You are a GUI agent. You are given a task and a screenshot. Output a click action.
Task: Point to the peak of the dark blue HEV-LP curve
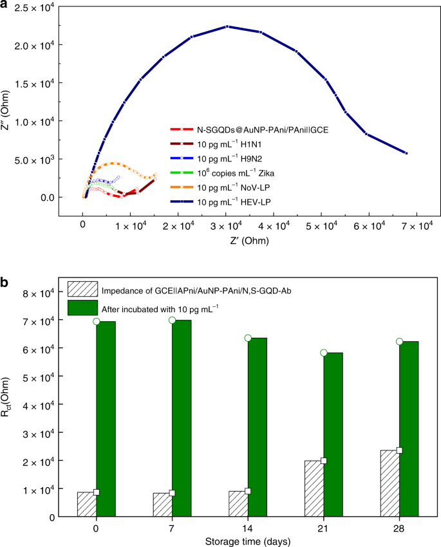(227, 26)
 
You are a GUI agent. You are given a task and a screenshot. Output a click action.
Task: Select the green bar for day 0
(106, 418)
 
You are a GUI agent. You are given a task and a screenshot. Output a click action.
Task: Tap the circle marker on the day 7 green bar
(172, 320)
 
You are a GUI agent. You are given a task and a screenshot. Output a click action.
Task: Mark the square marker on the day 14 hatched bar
(248, 491)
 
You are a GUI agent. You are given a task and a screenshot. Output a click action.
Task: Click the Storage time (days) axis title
(247, 537)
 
